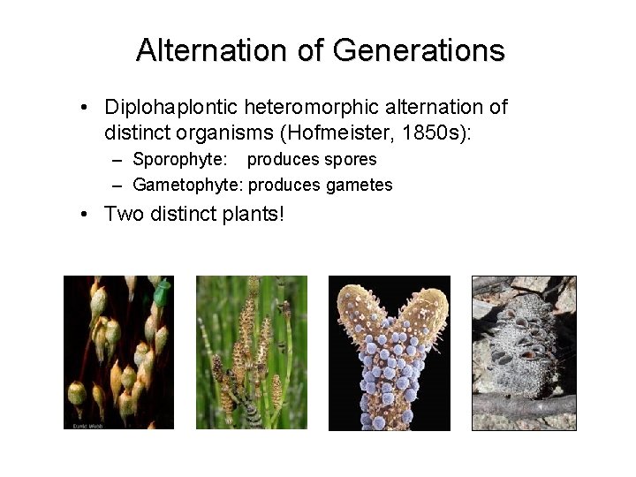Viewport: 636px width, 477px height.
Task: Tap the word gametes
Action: [359, 185]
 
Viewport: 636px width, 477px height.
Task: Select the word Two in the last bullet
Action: [125, 214]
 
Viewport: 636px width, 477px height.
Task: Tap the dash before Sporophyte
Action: [118, 160]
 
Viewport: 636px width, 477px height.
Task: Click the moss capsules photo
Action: [118, 352]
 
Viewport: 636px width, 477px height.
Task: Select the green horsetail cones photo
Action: [252, 352]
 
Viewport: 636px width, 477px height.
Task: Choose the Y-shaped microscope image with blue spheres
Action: [390, 352]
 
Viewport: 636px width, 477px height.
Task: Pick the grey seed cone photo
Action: [524, 352]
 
